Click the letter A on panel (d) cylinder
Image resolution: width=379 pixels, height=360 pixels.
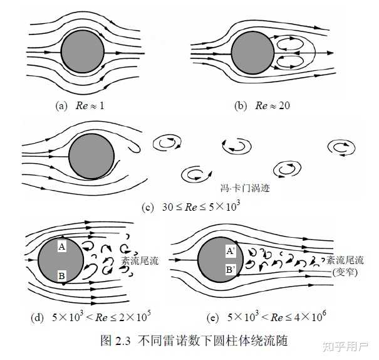(61, 246)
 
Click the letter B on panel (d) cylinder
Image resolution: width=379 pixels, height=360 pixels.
(61, 274)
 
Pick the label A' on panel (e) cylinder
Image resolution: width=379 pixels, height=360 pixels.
(231, 251)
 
